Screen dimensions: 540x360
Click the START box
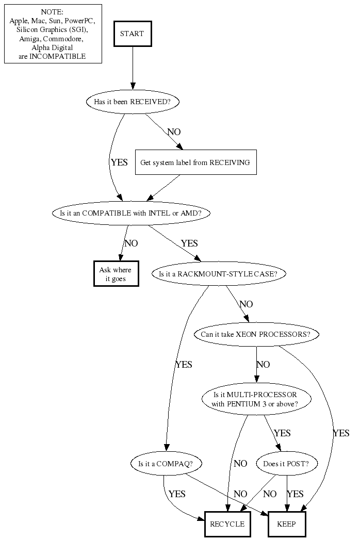(x=132, y=34)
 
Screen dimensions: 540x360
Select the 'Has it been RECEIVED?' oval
(x=132, y=102)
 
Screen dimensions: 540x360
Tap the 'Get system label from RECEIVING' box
(x=195, y=162)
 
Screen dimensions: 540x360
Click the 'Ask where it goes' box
(x=116, y=274)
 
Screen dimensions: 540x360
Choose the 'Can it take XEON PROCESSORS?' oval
(x=256, y=334)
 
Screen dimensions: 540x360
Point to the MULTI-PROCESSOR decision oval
(x=255, y=399)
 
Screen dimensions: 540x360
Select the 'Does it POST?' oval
(x=286, y=464)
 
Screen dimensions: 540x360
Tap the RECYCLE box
(x=227, y=524)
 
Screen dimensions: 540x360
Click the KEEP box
(x=287, y=524)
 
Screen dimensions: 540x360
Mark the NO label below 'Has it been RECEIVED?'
(x=174, y=132)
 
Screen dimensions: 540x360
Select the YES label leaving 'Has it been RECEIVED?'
(x=119, y=162)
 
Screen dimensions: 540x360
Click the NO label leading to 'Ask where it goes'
(x=131, y=243)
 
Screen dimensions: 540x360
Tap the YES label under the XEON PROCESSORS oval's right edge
(x=341, y=433)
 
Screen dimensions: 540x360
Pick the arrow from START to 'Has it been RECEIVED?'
(x=133, y=67)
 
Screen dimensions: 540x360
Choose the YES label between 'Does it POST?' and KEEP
(x=295, y=494)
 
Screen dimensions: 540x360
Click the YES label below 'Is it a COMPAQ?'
(x=176, y=494)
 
